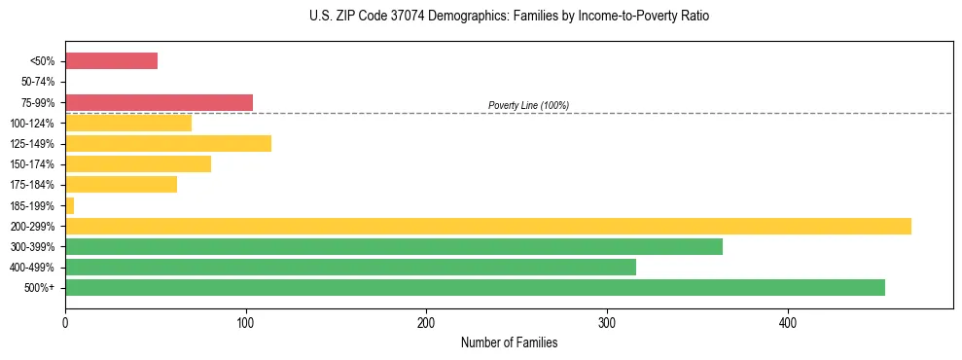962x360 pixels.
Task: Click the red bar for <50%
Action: coord(111,61)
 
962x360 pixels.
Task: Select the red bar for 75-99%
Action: coord(159,102)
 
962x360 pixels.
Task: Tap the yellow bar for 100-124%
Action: coord(128,123)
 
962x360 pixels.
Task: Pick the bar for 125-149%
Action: coord(168,143)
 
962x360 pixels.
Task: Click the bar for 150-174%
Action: coord(138,163)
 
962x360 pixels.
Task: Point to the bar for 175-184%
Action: coord(121,184)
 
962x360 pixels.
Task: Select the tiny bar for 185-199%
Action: coord(69,205)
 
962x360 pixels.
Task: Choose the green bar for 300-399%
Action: coord(394,246)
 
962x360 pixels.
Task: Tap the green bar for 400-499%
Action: coord(350,267)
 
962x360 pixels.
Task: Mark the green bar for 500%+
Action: coord(475,287)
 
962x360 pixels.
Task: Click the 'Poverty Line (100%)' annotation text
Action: coord(528,105)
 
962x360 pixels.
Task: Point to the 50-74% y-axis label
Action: coord(38,82)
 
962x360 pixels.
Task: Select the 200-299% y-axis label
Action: coord(35,226)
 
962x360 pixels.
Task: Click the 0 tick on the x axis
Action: coord(65,322)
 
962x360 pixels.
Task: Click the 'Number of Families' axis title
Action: coord(509,342)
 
